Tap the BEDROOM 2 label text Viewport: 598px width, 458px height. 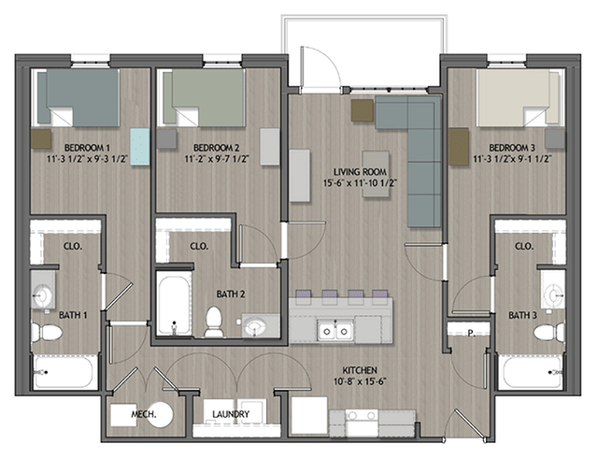tap(217, 148)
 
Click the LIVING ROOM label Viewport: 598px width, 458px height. tap(360, 172)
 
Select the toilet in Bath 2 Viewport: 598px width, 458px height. tap(214, 321)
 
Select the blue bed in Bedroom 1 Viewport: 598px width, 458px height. tap(78, 98)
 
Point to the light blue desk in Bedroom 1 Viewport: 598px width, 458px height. tap(139, 147)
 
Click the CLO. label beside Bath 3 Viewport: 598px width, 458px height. tap(523, 246)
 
